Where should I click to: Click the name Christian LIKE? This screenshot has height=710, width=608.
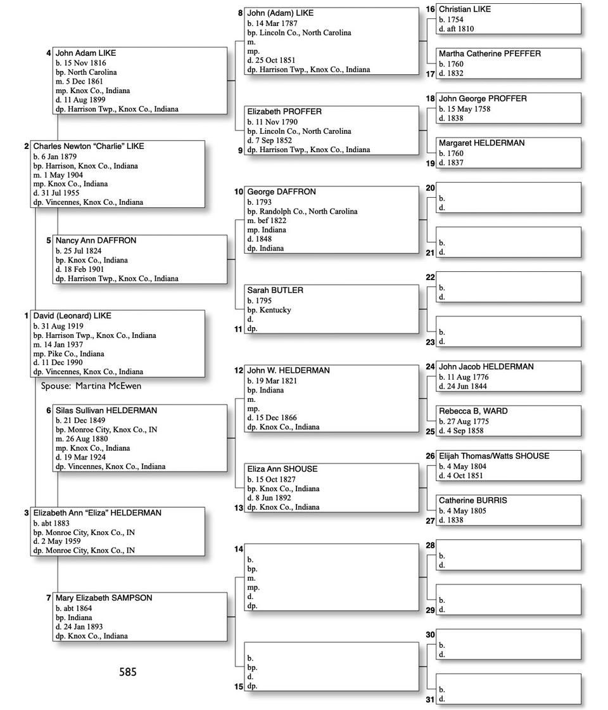coord(464,10)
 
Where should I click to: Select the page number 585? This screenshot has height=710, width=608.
coord(127,672)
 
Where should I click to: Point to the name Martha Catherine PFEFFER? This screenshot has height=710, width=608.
coord(490,54)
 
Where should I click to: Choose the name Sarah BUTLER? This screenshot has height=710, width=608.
coord(275,290)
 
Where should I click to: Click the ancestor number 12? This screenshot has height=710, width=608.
coord(239,370)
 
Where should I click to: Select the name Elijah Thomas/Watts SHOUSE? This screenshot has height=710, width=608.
coord(494,456)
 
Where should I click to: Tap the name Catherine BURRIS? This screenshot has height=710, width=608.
coord(472,501)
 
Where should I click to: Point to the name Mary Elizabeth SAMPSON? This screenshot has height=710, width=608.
coord(104,598)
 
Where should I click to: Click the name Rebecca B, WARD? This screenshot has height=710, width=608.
coord(473,411)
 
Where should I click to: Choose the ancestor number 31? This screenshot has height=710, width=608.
coord(430,700)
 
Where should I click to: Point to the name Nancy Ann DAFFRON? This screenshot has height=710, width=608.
coord(96,241)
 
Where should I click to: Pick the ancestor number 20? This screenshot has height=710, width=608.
coord(430,188)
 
